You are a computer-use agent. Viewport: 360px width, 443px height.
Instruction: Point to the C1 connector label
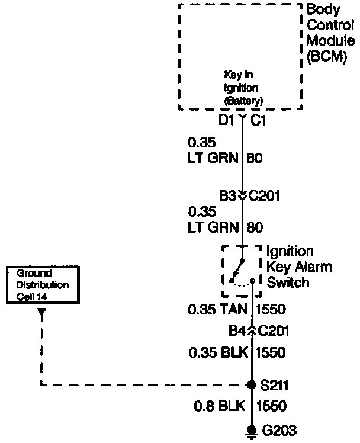(x=259, y=121)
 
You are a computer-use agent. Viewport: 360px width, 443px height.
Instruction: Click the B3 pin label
(x=227, y=195)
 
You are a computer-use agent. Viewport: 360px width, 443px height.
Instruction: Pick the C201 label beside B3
(x=264, y=195)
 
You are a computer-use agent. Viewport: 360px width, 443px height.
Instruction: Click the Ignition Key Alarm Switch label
(x=298, y=267)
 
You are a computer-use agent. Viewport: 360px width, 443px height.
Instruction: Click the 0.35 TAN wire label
(x=218, y=309)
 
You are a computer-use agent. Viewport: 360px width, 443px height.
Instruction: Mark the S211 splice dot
(x=252, y=385)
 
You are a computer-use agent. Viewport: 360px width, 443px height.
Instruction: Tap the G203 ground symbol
(x=252, y=431)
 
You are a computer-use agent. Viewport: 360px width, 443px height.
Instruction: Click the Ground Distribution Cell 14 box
(x=42, y=285)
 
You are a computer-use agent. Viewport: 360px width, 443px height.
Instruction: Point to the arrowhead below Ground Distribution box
(x=41, y=316)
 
